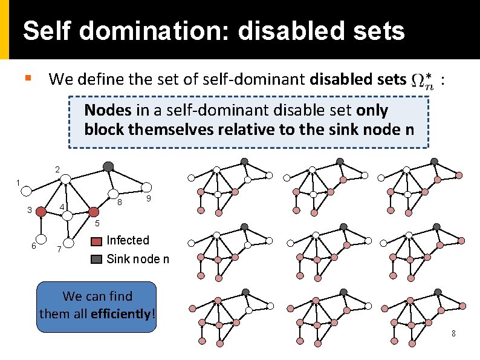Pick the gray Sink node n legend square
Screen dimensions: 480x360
[x=97, y=260]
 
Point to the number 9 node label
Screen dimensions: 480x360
[x=149, y=199]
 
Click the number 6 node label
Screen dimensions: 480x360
[x=34, y=245]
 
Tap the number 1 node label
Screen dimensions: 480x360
[x=18, y=182]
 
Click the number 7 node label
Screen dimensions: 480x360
[x=59, y=249]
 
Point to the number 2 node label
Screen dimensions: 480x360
[x=57, y=169]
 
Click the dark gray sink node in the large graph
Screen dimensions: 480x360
[x=108, y=166]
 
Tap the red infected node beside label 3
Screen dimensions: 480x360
[x=41, y=212]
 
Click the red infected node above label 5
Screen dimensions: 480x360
[x=94, y=212]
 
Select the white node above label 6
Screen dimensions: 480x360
[x=42, y=238]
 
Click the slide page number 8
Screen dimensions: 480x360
[x=453, y=334]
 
